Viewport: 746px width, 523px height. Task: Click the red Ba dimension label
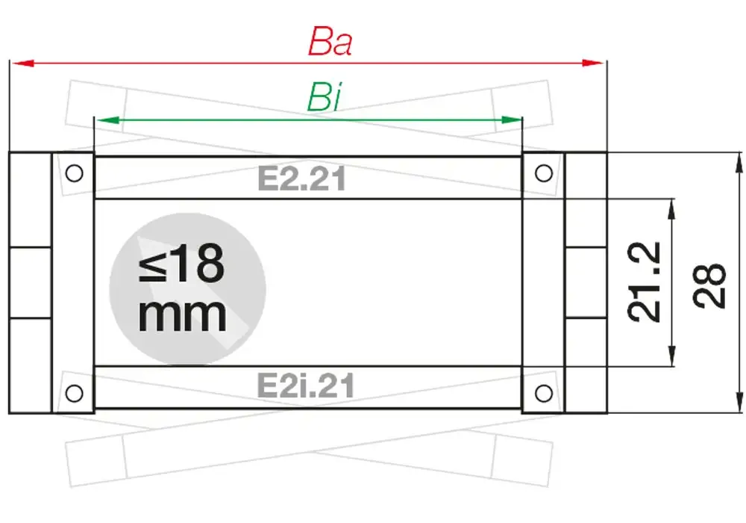pyautogui.click(x=330, y=43)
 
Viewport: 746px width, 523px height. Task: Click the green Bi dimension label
pyautogui.click(x=324, y=98)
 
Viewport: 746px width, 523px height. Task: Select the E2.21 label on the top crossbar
pyautogui.click(x=301, y=179)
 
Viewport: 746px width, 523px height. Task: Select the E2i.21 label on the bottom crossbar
pyautogui.click(x=305, y=386)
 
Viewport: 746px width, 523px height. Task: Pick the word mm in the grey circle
pyautogui.click(x=182, y=315)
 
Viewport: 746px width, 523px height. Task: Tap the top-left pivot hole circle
pyautogui.click(x=73, y=173)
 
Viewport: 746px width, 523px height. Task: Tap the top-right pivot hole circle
pyautogui.click(x=544, y=173)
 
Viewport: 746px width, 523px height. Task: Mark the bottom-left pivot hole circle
pyautogui.click(x=73, y=392)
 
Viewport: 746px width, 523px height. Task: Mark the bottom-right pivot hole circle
pyautogui.click(x=544, y=392)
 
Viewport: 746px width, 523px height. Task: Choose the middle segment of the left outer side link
pyautogui.click(x=30, y=283)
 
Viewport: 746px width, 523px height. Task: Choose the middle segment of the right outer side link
pyautogui.click(x=586, y=283)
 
